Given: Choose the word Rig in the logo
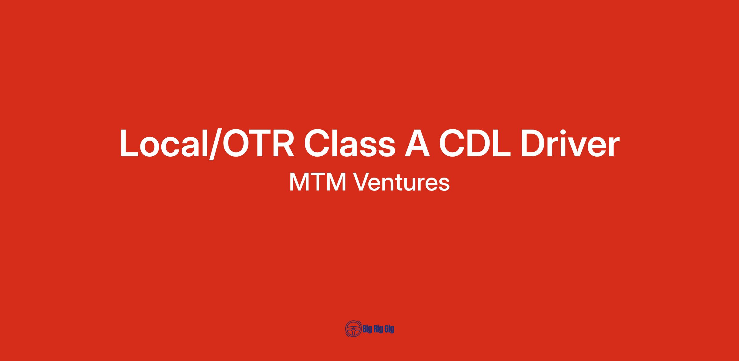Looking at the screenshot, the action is tap(378, 330).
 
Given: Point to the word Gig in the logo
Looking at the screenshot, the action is tap(389, 330).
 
